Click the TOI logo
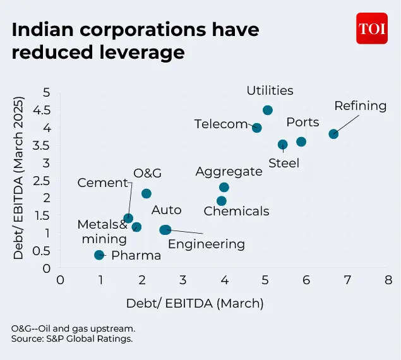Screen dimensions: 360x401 point(371,29)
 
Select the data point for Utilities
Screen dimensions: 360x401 point(268,110)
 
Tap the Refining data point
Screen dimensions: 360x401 point(333,134)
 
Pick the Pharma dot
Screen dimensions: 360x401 point(99,255)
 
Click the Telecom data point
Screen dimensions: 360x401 point(257,128)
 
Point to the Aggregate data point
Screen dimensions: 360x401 point(224,187)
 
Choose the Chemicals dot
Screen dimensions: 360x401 point(222,201)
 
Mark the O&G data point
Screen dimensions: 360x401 point(147,193)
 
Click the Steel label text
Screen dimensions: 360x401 point(284,164)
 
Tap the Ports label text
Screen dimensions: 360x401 point(302,122)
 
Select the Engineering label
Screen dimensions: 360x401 point(206,244)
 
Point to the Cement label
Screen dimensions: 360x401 point(103,183)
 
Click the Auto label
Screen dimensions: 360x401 point(167,210)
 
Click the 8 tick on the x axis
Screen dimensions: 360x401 point(388,280)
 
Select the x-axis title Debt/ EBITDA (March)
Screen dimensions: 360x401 point(195,303)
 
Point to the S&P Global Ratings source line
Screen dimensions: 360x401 point(71,340)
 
